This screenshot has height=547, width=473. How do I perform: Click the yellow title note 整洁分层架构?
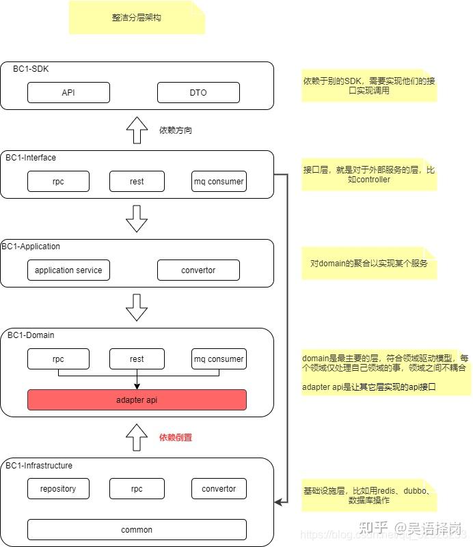(x=137, y=18)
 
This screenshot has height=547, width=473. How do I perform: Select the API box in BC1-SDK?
(x=68, y=92)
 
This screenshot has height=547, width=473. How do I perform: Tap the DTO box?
(x=198, y=92)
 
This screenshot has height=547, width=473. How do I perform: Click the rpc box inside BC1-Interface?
(x=58, y=181)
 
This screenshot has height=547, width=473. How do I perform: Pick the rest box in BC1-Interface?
(x=137, y=181)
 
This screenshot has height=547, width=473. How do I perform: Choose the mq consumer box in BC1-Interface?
(x=219, y=181)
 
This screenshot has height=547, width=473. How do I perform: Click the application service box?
(x=68, y=270)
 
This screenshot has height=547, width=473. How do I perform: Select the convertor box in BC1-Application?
(x=198, y=270)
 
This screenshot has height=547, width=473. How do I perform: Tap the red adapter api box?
(x=137, y=399)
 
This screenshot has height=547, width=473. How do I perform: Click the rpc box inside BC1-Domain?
(x=58, y=359)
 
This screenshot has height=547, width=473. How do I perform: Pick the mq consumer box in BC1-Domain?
(x=219, y=359)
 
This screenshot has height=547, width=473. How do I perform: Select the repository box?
(x=58, y=488)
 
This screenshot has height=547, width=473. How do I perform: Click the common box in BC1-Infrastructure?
(x=137, y=529)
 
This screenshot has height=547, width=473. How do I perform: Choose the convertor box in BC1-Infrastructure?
(x=219, y=488)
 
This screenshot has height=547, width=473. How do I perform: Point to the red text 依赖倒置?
(x=176, y=437)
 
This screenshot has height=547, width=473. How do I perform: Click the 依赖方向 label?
(x=176, y=130)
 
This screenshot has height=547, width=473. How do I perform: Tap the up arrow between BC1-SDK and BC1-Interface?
(x=137, y=130)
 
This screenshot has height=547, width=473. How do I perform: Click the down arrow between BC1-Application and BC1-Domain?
(x=137, y=307)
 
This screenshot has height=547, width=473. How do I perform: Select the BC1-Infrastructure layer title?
(x=39, y=465)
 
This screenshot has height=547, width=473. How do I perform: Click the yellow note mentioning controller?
(x=368, y=174)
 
